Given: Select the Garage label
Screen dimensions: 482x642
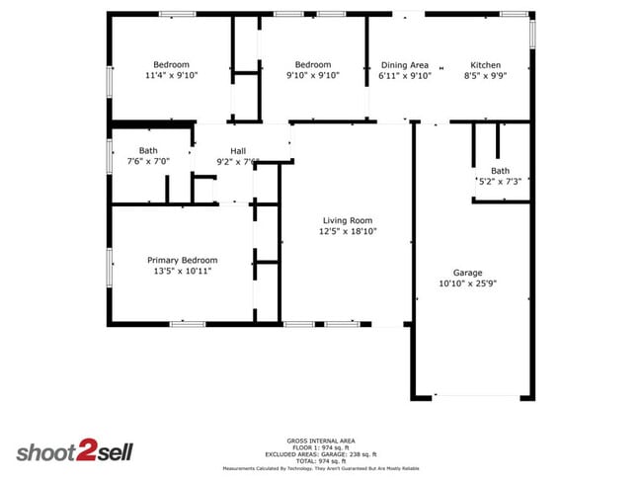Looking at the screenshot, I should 467,272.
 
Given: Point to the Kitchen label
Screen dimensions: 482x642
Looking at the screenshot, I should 485,65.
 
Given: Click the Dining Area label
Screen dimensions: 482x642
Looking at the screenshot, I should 405,65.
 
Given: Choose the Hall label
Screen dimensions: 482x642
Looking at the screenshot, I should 238,151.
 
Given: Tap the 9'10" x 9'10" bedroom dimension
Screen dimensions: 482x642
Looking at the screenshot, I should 312,75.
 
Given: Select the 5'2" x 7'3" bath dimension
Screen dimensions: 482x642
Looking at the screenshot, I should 500,181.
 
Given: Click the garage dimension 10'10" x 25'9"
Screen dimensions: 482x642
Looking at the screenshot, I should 467,282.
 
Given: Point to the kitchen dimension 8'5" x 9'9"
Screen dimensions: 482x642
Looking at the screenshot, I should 485,75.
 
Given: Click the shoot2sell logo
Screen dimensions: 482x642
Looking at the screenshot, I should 74,451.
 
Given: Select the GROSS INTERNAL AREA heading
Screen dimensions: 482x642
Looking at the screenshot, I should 321,440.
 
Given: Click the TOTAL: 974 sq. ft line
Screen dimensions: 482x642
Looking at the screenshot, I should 321,461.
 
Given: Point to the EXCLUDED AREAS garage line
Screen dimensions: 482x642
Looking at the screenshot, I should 321,454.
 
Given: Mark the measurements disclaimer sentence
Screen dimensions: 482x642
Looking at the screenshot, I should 321,468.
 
